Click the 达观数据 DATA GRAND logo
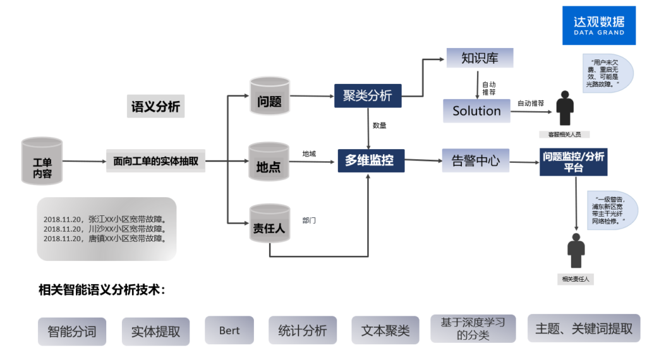[x=598, y=25]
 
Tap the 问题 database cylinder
[x=270, y=97]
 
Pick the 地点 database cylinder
[x=269, y=164]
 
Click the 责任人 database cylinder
[x=270, y=225]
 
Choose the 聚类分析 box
[x=368, y=95]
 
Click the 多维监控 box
[x=370, y=160]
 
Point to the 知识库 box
[x=480, y=58]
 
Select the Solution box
[x=476, y=111]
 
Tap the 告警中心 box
[x=475, y=161]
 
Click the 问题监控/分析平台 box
[x=574, y=162]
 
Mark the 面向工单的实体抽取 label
[x=155, y=161]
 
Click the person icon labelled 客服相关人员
[x=564, y=109]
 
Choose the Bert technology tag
[x=229, y=330]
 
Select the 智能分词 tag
[x=72, y=331]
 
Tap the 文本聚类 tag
[x=385, y=330]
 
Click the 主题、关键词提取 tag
[x=584, y=328]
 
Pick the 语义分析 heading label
[x=155, y=107]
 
